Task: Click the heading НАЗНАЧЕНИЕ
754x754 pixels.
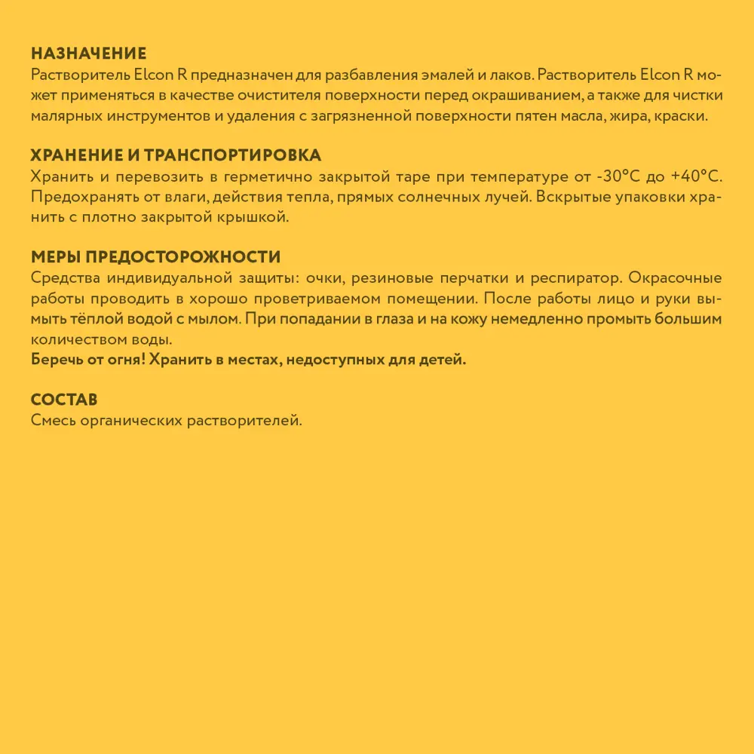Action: point(88,54)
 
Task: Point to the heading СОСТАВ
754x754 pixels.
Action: point(64,400)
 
